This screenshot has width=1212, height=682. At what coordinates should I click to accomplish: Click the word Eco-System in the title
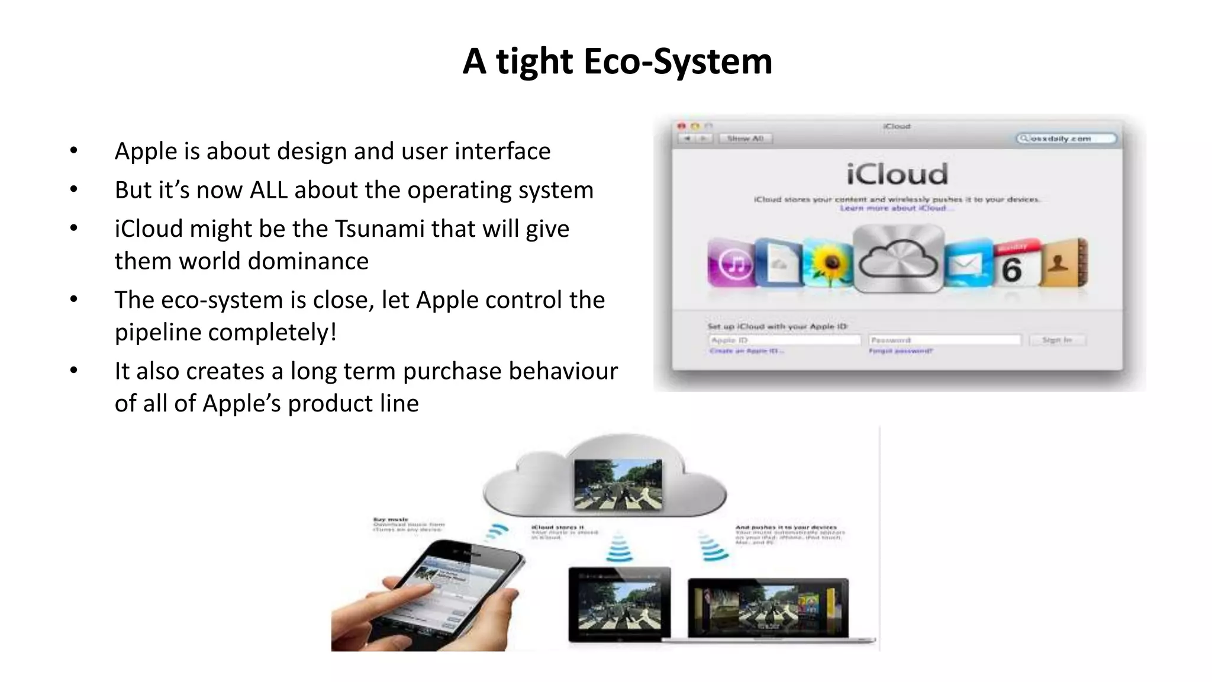tap(678, 62)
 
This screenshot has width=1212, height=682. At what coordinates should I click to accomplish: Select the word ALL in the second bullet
tap(268, 191)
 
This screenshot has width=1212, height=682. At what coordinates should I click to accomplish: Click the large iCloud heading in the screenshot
tap(897, 174)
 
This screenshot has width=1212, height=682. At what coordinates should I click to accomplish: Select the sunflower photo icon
tap(829, 263)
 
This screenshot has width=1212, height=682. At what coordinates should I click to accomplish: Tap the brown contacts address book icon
tap(1063, 263)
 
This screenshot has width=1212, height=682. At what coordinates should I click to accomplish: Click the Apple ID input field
tap(784, 340)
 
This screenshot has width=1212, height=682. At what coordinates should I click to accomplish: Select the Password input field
tap(945, 340)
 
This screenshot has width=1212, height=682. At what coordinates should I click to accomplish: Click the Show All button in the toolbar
tap(745, 139)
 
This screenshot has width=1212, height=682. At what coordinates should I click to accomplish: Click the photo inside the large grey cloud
tap(618, 484)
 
